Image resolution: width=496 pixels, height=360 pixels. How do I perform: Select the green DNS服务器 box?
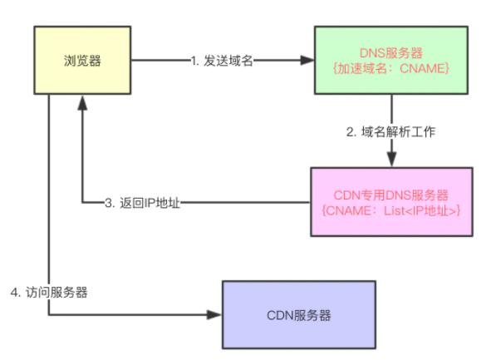(x=392, y=61)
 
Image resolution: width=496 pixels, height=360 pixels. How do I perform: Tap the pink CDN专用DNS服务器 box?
(x=392, y=202)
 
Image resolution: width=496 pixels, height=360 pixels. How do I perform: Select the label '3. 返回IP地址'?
(x=141, y=202)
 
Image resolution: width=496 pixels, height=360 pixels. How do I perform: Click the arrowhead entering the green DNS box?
(x=308, y=61)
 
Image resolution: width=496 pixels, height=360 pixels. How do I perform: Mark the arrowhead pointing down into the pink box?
(x=392, y=161)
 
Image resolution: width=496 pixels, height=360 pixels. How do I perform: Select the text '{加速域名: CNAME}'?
(x=392, y=68)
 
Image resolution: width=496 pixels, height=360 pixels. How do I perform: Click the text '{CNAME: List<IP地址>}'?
(x=393, y=210)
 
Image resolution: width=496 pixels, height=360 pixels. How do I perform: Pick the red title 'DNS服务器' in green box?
(x=392, y=53)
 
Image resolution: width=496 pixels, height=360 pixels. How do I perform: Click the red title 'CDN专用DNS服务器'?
(x=393, y=195)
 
